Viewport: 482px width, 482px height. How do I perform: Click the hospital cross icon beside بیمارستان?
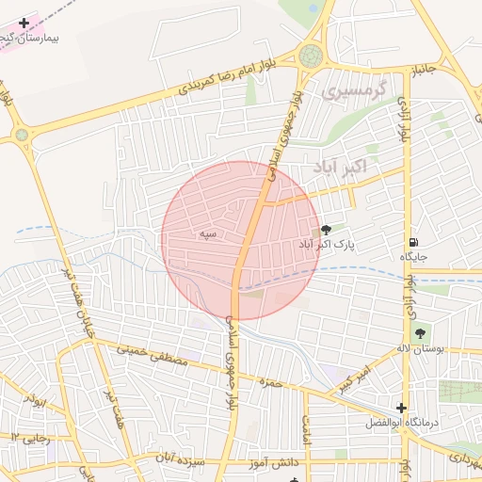tap(24, 22)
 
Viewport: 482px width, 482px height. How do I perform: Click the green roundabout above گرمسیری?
tap(310, 56)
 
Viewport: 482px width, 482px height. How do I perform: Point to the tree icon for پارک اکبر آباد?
tap(326, 229)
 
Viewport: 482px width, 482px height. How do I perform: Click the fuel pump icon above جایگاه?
tap(413, 240)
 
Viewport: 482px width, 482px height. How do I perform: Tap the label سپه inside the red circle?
tap(207, 233)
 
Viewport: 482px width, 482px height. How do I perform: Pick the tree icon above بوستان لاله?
tap(420, 331)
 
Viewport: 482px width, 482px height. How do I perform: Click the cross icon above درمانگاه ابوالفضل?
tap(402, 408)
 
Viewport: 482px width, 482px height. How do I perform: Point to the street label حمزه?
tap(272, 383)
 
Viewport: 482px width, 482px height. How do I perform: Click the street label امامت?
tap(307, 432)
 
